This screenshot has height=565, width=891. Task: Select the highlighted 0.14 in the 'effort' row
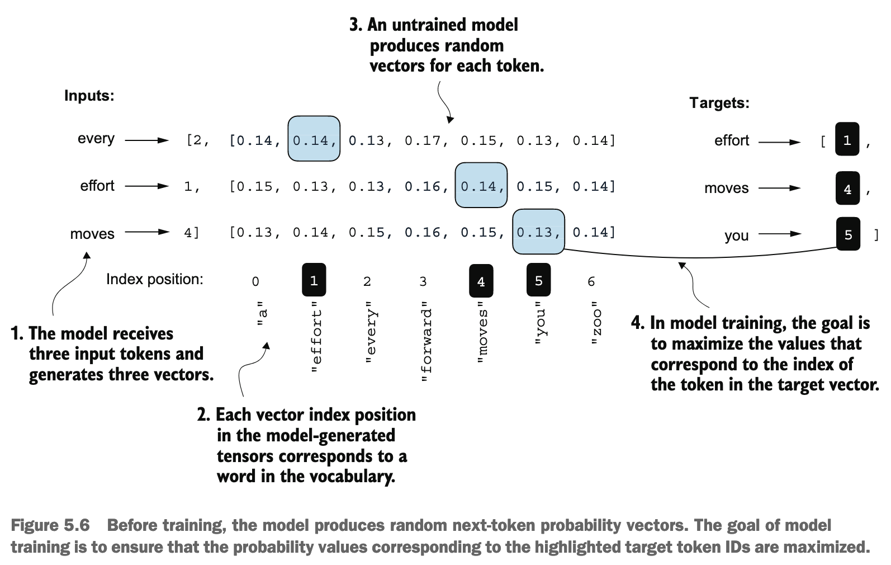481,185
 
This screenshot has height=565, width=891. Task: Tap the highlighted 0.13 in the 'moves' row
538,232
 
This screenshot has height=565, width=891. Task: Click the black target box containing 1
847,139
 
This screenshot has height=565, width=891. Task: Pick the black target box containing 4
847,188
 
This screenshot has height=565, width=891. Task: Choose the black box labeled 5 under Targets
848,234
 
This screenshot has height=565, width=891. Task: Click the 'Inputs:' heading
89,96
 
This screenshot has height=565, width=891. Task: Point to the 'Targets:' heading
719,103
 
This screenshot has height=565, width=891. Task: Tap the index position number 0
255,281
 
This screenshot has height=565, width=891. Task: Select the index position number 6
591,281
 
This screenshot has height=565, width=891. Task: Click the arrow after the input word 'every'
147,140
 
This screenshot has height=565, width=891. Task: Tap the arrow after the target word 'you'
780,234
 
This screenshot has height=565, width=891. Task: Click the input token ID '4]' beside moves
191,233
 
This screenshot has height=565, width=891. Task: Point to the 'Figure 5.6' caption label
50,525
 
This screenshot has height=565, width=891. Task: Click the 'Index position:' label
154,279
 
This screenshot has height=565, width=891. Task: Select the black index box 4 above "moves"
481,281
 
